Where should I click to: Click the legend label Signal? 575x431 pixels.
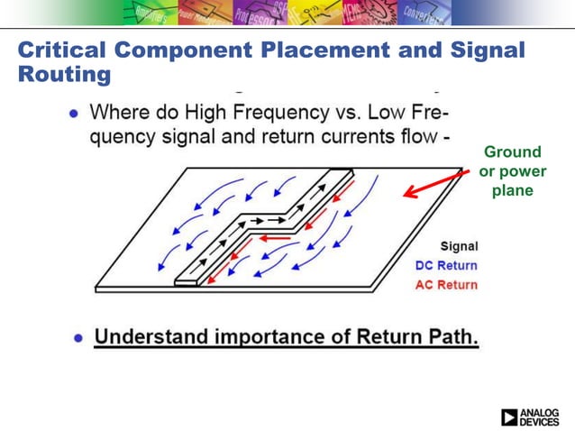pyautogui.click(x=459, y=246)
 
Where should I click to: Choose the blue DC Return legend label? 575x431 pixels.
pyautogui.click(x=446, y=266)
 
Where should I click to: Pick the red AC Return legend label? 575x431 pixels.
pyautogui.click(x=446, y=285)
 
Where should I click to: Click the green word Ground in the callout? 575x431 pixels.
pyautogui.click(x=513, y=151)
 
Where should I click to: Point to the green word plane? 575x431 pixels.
pyautogui.click(x=513, y=190)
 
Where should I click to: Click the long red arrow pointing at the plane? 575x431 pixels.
pyautogui.click(x=436, y=181)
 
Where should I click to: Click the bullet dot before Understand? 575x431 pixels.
pyautogui.click(x=80, y=338)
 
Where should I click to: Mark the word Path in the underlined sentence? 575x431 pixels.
pyautogui.click(x=449, y=337)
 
